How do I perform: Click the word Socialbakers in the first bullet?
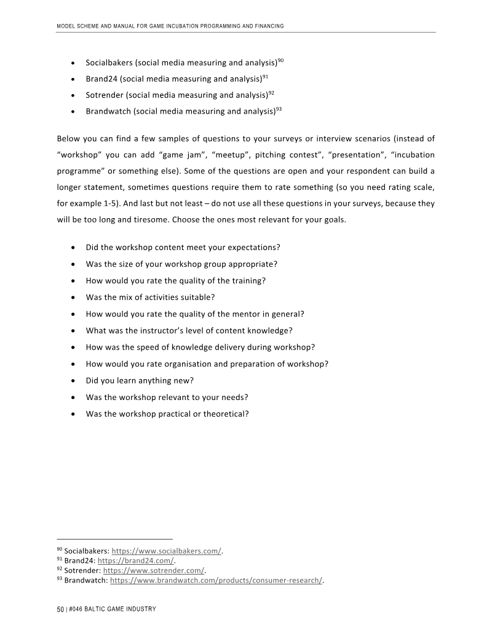point(109,63)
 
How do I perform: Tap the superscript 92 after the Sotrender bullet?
point(271,93)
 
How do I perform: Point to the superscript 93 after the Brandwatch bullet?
point(279,109)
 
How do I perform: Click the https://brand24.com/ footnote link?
point(136,561)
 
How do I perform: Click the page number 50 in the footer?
point(60,609)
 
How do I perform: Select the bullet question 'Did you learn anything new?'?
point(140,380)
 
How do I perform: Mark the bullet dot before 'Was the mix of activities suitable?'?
point(74,297)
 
